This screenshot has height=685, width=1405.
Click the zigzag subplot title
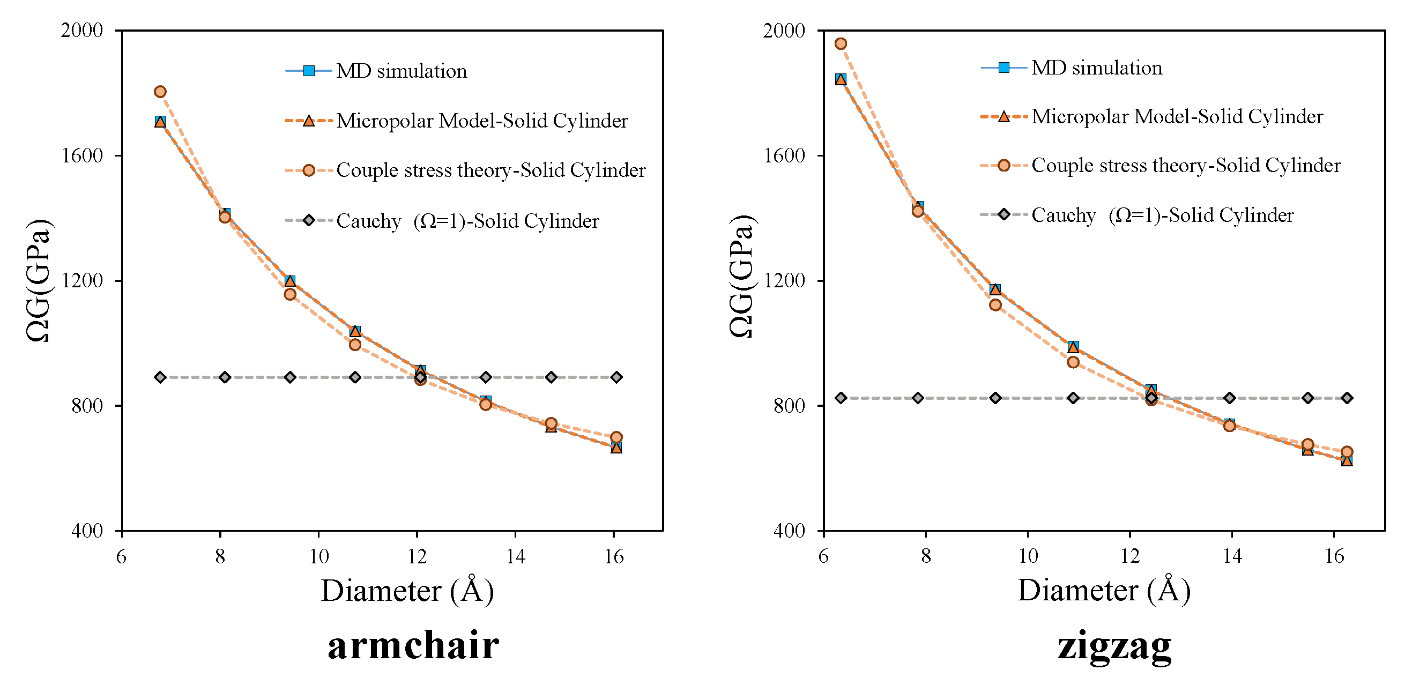[x=1114, y=646]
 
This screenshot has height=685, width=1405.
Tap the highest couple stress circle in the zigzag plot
[x=841, y=43]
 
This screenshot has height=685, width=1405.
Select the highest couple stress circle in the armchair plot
[x=160, y=92]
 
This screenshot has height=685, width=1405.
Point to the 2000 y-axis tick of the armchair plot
[x=82, y=30]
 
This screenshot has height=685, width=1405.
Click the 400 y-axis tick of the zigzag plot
[x=789, y=530]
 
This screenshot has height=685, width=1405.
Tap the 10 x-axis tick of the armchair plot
[x=319, y=556]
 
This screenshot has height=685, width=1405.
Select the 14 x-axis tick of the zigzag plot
[x=1232, y=556]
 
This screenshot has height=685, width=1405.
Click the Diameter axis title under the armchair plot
[x=407, y=591]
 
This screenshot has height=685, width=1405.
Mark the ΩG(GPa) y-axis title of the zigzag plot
[x=742, y=277]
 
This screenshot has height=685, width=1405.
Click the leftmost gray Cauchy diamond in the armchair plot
[x=160, y=377]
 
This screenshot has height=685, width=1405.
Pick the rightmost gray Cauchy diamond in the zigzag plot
[x=1347, y=398]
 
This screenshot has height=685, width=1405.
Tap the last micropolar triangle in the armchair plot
[x=616, y=448]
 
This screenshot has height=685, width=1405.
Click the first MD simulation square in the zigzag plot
[x=841, y=79]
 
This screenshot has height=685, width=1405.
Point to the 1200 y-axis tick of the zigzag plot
[x=784, y=280]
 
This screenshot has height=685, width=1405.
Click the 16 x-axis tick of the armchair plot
[x=614, y=556]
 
